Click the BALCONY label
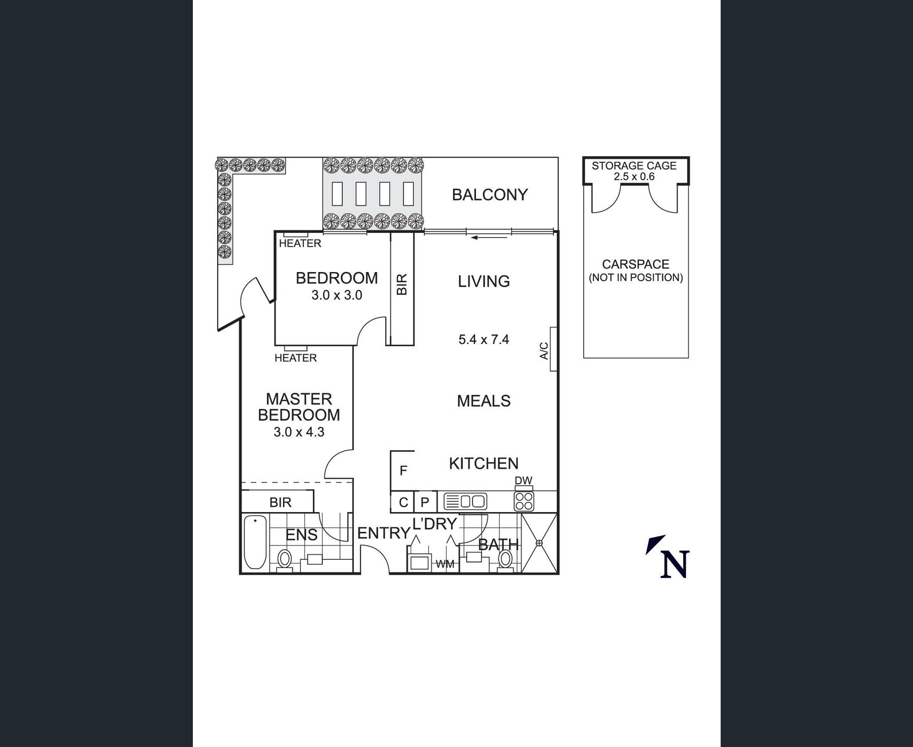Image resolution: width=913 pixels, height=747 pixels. coord(490,195)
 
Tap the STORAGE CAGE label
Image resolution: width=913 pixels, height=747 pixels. coord(634,165)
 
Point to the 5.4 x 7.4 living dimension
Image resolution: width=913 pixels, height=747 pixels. coord(484,339)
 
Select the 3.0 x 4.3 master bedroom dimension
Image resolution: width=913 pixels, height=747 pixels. coord(299,432)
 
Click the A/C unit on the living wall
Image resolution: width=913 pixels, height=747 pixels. coord(554,349)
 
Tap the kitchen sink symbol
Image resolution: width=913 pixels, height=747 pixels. coord(465,501)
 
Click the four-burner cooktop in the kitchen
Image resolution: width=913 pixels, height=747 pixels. coord(524,501)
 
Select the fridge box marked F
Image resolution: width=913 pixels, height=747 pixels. coord(403,470)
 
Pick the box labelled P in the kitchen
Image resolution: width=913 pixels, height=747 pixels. coord(425,502)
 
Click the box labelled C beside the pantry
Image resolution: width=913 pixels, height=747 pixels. coord(403,502)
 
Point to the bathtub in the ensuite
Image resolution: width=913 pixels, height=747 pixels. coord(255,542)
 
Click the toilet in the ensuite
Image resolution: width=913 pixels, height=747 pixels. coord(285,561)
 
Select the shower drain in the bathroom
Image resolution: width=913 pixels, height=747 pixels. coord(539,543)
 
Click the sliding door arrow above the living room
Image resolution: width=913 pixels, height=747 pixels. coord(489,237)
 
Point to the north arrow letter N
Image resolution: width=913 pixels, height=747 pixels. coord(674,564)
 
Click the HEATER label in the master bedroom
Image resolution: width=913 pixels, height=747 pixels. coord(295,358)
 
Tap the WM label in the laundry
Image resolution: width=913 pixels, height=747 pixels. coord(445,564)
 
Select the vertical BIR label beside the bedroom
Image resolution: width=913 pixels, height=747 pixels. coord(402,285)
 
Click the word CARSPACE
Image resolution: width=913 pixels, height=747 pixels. coord(635,264)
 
